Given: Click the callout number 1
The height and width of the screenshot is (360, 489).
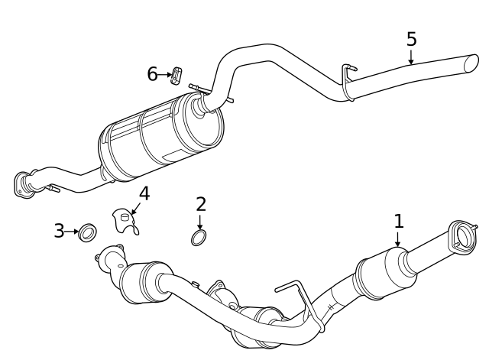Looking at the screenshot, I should pyautogui.click(x=398, y=221).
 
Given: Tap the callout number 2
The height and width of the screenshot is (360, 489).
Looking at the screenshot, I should pyautogui.click(x=201, y=204).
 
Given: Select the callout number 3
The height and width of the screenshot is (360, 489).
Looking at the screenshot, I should pyautogui.click(x=59, y=230).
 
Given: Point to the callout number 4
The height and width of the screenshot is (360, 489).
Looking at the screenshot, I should pyautogui.click(x=144, y=193).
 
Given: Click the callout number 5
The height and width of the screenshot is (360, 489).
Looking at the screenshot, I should pyautogui.click(x=412, y=38).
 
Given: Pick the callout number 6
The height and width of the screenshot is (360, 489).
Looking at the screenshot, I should pyautogui.click(x=153, y=74).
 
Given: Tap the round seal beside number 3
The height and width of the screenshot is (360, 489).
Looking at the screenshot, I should pyautogui.click(x=88, y=231).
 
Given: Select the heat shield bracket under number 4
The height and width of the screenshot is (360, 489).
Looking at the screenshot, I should pyautogui.click(x=125, y=220).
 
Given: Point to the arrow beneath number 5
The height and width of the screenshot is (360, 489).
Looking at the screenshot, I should pyautogui.click(x=412, y=57).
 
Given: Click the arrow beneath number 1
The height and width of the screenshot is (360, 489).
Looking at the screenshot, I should pyautogui.click(x=397, y=239).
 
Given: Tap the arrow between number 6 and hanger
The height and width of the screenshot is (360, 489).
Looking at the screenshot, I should pyautogui.click(x=165, y=75).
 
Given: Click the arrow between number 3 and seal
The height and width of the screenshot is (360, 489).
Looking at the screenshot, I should pyautogui.click(x=73, y=230).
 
